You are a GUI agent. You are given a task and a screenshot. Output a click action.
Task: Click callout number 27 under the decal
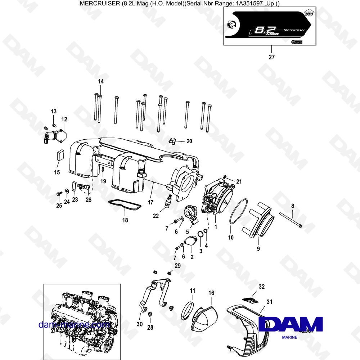[271, 57]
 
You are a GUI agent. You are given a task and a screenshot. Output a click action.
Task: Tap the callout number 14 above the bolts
[100, 82]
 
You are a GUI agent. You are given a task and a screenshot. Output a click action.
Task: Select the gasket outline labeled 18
[125, 205]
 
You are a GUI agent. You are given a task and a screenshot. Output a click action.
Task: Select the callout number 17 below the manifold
[150, 202]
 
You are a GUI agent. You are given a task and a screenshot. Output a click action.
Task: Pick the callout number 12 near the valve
[64, 119]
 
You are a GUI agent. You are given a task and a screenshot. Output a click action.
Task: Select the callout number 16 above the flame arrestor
[211, 293]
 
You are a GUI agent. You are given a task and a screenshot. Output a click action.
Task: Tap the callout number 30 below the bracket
[140, 324]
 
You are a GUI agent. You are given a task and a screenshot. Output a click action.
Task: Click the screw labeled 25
[58, 194]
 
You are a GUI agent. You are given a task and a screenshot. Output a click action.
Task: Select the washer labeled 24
[67, 190]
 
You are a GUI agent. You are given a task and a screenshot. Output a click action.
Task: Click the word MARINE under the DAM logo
[290, 337]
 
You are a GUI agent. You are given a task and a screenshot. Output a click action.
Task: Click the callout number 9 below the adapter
[258, 248]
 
